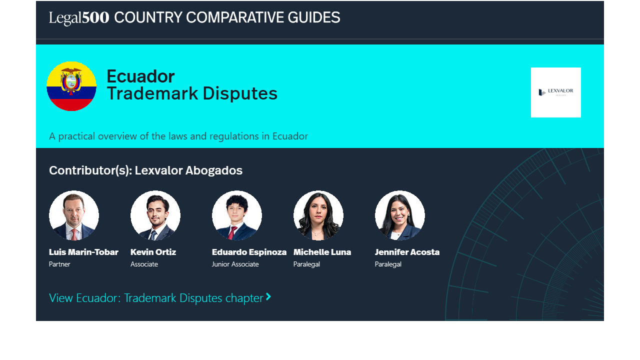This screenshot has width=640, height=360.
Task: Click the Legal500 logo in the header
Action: pyautogui.click(x=79, y=17)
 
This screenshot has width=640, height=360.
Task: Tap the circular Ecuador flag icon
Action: pyautogui.click(x=71, y=86)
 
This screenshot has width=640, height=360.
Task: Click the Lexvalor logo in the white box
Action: pyautogui.click(x=555, y=92)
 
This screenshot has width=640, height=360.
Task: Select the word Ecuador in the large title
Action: pyautogui.click(x=140, y=76)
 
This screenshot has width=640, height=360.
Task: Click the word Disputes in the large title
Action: pyautogui.click(x=240, y=93)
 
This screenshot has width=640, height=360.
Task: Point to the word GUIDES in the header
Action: pyautogui.click(x=313, y=17)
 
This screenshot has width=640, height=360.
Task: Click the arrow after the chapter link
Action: pyautogui.click(x=268, y=296)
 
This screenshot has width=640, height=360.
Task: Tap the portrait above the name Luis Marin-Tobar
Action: pyautogui.click(x=74, y=215)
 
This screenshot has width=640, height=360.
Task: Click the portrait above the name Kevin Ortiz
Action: pyautogui.click(x=155, y=215)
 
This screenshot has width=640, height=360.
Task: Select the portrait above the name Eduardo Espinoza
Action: pyautogui.click(x=237, y=215)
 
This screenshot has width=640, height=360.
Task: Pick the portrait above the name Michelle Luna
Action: pyautogui.click(x=318, y=215)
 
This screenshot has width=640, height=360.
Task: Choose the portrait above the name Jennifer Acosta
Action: pyautogui.click(x=399, y=215)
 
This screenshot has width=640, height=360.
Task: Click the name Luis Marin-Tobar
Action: pyautogui.click(x=83, y=252)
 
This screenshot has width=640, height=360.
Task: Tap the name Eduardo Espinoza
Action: pyautogui.click(x=249, y=252)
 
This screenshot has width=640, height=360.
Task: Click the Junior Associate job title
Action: pyautogui.click(x=235, y=264)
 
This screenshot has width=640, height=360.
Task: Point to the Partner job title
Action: pyautogui.click(x=59, y=264)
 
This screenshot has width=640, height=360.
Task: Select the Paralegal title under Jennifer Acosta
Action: pyautogui.click(x=388, y=264)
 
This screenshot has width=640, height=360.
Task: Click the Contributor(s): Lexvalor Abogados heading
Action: pyautogui.click(x=145, y=170)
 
